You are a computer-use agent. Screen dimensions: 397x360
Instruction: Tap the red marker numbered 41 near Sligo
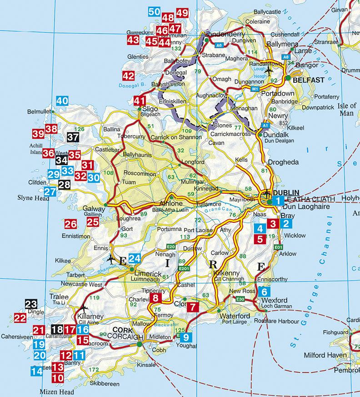pyautogui.click(x=140, y=101)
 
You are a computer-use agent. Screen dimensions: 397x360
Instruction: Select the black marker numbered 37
pyautogui.click(x=72, y=136)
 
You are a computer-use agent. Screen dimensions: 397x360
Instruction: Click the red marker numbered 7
pyautogui.click(x=193, y=307)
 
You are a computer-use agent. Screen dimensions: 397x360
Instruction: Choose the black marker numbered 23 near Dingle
pyautogui.click(x=31, y=305)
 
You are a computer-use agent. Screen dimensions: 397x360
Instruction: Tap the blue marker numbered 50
pyautogui.click(x=154, y=12)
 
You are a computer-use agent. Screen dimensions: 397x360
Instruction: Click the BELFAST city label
pyautogui.click(x=309, y=80)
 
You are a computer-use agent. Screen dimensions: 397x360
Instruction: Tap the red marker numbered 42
pyautogui.click(x=129, y=76)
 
